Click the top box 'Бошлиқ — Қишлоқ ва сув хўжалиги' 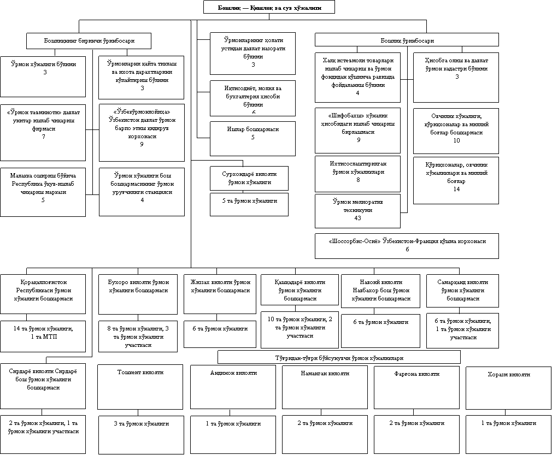click(269, 7)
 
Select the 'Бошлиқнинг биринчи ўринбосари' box click(89, 41)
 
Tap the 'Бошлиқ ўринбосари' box click(407, 40)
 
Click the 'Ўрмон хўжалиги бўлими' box click(43, 76)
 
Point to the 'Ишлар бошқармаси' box click(252, 138)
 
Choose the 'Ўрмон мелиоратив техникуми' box click(357, 210)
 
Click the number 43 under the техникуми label click(357, 218)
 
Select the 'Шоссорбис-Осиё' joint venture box click(407, 245)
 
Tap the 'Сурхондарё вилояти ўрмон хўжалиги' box click(249, 178)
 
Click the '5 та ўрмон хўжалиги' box click(249, 204)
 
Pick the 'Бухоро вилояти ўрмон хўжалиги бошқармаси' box click(138, 294)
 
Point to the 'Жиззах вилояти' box click(220, 294)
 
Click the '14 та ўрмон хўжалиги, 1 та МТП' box click(43, 333)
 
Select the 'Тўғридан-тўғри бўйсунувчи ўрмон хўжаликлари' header click(339, 357)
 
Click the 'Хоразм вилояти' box click(508, 387)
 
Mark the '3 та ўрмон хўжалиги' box click(140, 434)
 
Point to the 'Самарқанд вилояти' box click(462, 291)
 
